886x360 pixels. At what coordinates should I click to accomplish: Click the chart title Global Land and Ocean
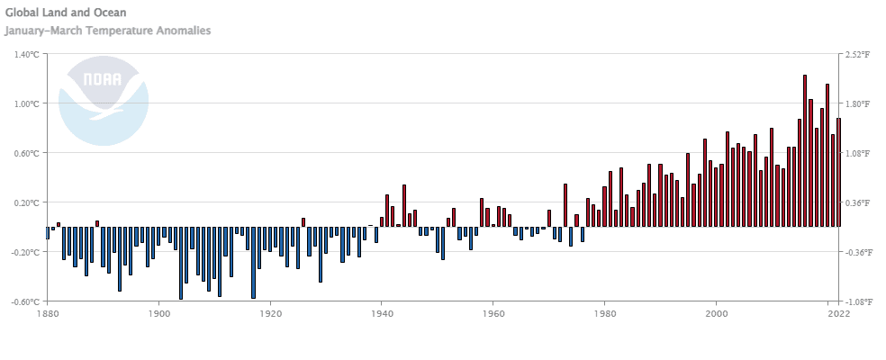click(x=66, y=13)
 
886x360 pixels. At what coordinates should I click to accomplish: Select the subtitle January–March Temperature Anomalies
click(x=108, y=31)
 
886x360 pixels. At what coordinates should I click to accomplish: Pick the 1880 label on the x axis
click(x=47, y=313)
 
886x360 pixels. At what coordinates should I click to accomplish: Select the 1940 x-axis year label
click(x=382, y=313)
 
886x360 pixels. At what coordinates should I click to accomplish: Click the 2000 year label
click(x=717, y=313)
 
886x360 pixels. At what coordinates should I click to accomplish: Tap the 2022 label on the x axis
click(x=838, y=313)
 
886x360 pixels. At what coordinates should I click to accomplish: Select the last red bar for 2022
click(x=838, y=172)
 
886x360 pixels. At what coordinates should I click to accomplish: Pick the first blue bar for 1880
click(x=48, y=232)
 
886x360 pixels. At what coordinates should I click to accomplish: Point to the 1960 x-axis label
click(x=493, y=313)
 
